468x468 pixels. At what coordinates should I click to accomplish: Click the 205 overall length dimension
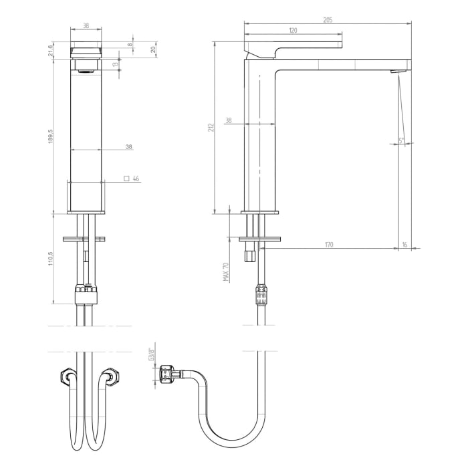tap(328, 20)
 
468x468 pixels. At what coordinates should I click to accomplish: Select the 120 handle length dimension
tap(294, 31)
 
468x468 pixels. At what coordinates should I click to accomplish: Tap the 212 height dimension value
tap(210, 127)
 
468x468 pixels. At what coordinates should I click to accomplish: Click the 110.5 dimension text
tap(51, 259)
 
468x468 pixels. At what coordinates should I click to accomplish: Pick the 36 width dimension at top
tap(86, 25)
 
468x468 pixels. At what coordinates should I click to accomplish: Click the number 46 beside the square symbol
tap(136, 179)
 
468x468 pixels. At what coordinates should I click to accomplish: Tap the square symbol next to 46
tap(126, 179)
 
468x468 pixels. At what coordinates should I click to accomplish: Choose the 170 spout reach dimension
tap(328, 245)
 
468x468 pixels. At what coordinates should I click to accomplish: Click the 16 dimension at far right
tap(404, 245)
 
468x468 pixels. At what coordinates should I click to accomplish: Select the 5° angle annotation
tap(402, 140)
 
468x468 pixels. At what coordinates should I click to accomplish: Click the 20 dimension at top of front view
tap(153, 49)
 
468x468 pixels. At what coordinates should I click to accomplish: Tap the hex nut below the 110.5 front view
tap(86, 291)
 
